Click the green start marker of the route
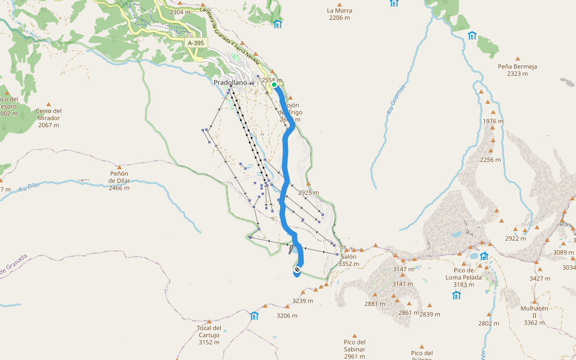pyautogui.click(x=274, y=85)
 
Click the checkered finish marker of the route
pyautogui.click(x=297, y=271)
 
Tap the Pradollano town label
pyautogui.click(x=230, y=82)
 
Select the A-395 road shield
pyautogui.click(x=196, y=43)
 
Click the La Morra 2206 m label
pyautogui.click(x=340, y=14)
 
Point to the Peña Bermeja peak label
pyautogui.click(x=517, y=70)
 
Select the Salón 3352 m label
pyautogui.click(x=348, y=260)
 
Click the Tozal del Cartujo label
pyautogui.click(x=209, y=335)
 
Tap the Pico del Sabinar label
pyautogui.click(x=355, y=349)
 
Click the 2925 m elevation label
pyautogui.click(x=308, y=193)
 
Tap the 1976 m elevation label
pyautogui.click(x=493, y=121)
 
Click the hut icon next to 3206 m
pyautogui.click(x=254, y=316)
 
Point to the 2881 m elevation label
pyautogui.click(x=374, y=304)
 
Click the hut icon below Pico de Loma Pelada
pyautogui.click(x=457, y=295)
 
